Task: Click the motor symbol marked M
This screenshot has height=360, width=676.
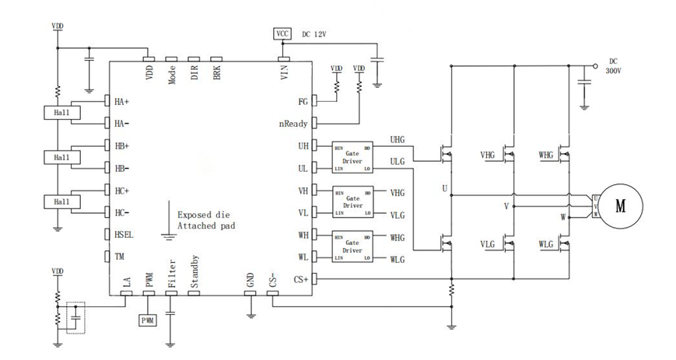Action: click(621, 205)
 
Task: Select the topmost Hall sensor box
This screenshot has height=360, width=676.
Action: click(57, 113)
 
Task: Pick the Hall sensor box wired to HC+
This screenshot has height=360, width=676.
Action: click(57, 201)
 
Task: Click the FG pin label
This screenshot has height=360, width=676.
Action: click(303, 102)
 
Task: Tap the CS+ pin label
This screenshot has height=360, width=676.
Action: click(300, 278)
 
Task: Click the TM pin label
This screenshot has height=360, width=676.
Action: click(119, 256)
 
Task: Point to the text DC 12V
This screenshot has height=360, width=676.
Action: click(315, 34)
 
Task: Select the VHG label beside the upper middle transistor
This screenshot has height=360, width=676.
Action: click(489, 156)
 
